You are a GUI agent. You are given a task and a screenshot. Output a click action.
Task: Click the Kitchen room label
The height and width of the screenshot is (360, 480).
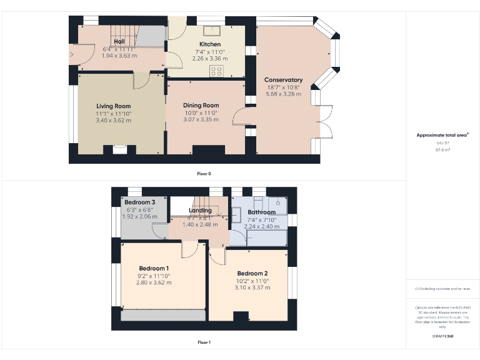point(210,44)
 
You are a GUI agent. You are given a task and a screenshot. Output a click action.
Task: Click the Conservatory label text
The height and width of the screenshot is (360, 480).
point(283,80)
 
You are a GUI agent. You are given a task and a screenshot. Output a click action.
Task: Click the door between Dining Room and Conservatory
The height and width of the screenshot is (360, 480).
point(239,117)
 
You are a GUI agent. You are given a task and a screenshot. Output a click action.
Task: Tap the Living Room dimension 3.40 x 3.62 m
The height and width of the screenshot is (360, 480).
point(113,120)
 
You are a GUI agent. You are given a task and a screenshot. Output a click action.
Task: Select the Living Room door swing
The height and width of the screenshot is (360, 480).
point(141,81)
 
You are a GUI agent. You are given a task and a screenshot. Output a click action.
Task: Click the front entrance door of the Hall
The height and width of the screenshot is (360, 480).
point(72,54)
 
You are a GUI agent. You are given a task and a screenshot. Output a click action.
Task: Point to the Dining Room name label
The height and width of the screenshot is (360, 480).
point(201,106)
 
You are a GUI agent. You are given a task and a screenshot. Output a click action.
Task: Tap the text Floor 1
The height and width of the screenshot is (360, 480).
point(204,342)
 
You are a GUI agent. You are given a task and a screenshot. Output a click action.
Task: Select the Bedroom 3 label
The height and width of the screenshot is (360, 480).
point(139,203)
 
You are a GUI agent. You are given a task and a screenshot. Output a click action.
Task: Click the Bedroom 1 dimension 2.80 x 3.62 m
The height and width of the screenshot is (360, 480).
point(154,282)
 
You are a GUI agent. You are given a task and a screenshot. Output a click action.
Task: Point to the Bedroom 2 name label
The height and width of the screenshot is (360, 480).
point(252,274)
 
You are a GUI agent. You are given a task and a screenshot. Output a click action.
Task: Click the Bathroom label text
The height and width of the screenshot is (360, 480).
point(261,212)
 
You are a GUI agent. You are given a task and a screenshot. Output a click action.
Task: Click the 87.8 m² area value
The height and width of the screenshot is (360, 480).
point(442,149)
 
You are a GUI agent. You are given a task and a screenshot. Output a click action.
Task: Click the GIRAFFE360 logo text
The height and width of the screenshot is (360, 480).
point(442,336)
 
